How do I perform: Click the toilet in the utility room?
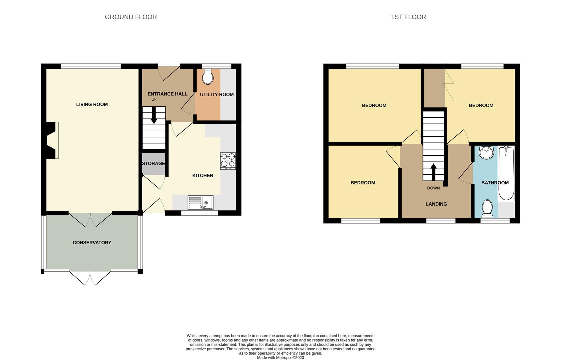coord(208,77)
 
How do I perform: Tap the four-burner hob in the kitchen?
coord(228,161)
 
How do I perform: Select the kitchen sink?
coord(200,203)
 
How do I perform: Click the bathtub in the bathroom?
coord(506,173)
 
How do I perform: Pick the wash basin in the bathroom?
coord(486,153)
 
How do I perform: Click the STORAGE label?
coord(154,163)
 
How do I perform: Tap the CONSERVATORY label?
coord(92,243)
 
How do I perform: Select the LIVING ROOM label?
coord(92,104)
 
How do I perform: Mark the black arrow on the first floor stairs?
coord(433,172)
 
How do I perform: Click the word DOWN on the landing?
coord(433,188)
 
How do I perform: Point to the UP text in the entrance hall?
coord(154,99)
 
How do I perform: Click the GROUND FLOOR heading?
coord(131,17)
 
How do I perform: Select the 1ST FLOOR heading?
coord(408,17)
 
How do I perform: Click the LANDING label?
coord(436,204)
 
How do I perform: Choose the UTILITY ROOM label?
coord(217,95)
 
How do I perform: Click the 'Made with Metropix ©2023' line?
coord(280,358)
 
